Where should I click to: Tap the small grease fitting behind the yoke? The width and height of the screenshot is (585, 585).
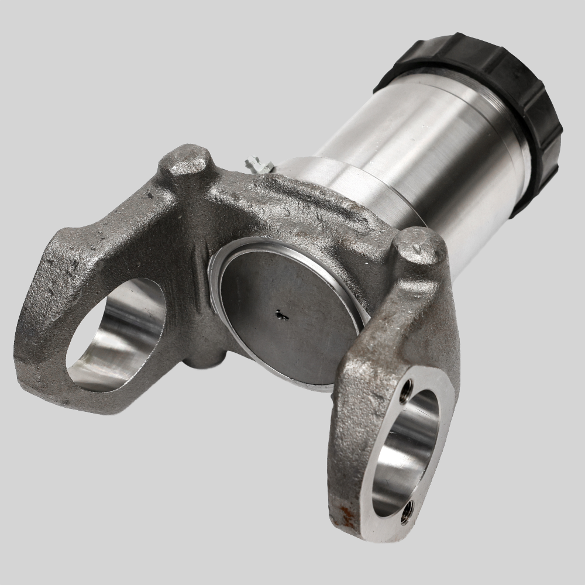[x=257, y=165]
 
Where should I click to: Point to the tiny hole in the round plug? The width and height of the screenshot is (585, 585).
[x=282, y=316]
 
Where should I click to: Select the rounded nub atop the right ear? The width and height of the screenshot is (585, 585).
[x=419, y=246]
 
